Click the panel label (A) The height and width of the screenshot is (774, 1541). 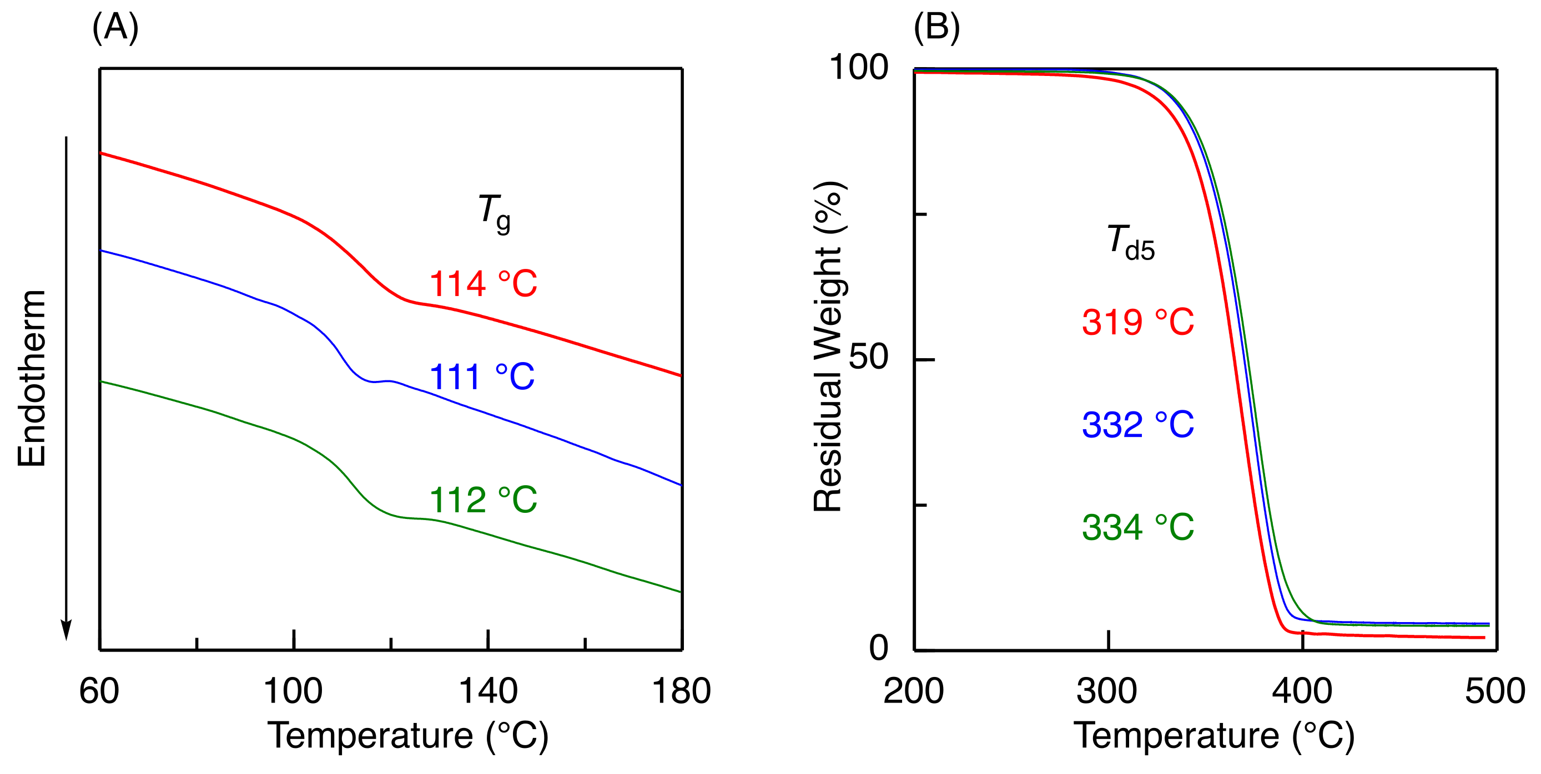(115, 28)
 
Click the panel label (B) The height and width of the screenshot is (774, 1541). (936, 28)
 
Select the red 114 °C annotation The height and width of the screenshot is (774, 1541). (483, 284)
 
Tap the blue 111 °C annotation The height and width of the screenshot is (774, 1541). (482, 377)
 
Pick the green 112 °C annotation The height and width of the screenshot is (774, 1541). (483, 500)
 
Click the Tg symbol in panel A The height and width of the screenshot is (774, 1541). (494, 213)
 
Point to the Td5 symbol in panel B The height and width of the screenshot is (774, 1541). (1130, 243)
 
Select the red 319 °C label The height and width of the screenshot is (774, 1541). (1137, 322)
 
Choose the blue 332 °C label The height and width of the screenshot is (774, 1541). (1137, 425)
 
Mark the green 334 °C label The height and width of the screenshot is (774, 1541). (1137, 528)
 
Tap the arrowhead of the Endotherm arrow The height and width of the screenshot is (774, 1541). (67, 630)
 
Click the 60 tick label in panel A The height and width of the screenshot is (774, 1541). (99, 691)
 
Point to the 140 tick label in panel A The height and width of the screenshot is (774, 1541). (487, 691)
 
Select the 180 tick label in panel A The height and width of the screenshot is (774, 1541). (681, 691)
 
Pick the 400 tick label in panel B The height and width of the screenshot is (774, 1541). (1302, 691)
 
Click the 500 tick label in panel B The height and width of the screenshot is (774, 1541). (1495, 691)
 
